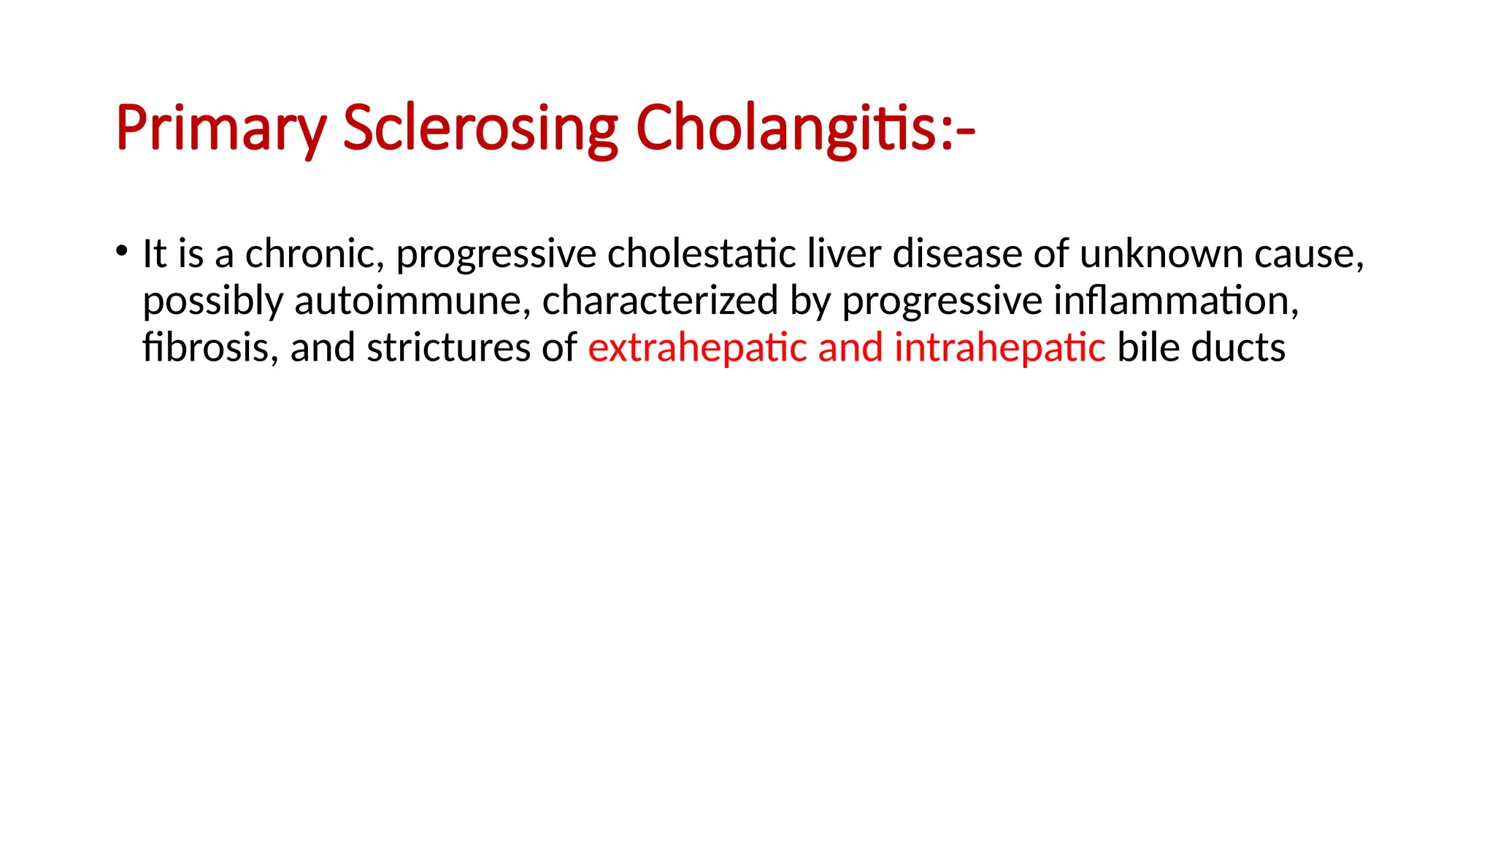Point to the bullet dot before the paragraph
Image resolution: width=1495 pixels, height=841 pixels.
(121, 250)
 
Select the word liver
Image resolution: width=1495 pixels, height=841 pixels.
(844, 254)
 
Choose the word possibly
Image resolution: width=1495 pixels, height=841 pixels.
(212, 302)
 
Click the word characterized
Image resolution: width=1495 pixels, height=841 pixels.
(660, 301)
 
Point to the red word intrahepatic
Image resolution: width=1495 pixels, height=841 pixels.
(999, 347)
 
